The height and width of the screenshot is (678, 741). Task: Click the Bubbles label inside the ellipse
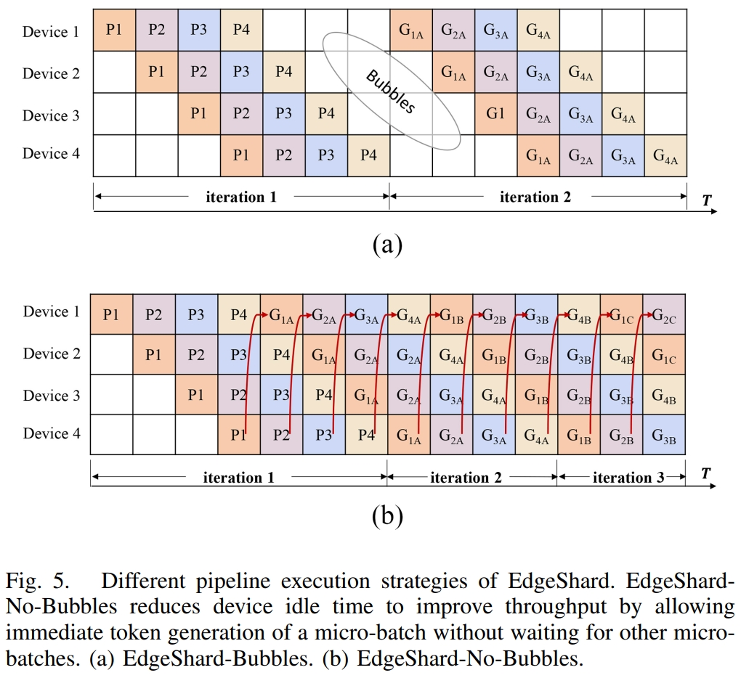(390, 91)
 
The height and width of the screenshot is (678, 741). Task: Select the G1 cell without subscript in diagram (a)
(495, 114)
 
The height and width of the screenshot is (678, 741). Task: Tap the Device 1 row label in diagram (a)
(51, 31)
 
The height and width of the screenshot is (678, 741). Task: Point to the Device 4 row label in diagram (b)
(52, 433)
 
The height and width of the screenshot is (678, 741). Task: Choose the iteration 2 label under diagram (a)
(535, 197)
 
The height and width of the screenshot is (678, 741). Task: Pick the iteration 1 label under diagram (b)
(238, 478)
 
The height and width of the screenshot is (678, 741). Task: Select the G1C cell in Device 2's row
(663, 356)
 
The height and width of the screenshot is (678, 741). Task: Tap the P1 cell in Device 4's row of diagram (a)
(242, 156)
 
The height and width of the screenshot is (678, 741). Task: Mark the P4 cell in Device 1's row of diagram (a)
(242, 30)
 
